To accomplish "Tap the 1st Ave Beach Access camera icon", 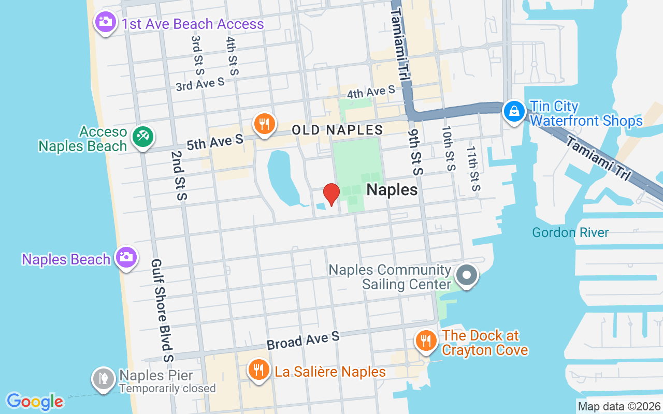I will [x=106, y=22].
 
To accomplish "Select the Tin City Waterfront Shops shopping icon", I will [x=514, y=111].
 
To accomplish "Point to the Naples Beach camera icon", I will [x=126, y=257].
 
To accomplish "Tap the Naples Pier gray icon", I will [x=103, y=379].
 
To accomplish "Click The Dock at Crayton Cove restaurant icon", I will [x=426, y=341].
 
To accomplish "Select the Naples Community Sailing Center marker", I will [x=467, y=275].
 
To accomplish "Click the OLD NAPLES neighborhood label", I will [x=337, y=130].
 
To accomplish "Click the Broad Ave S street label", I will [x=303, y=341].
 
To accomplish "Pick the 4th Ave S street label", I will [x=371, y=92].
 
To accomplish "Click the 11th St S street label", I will [x=472, y=169].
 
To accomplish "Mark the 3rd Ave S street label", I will [x=200, y=84].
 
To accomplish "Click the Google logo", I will [x=35, y=402].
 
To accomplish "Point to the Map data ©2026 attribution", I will [x=619, y=407].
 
